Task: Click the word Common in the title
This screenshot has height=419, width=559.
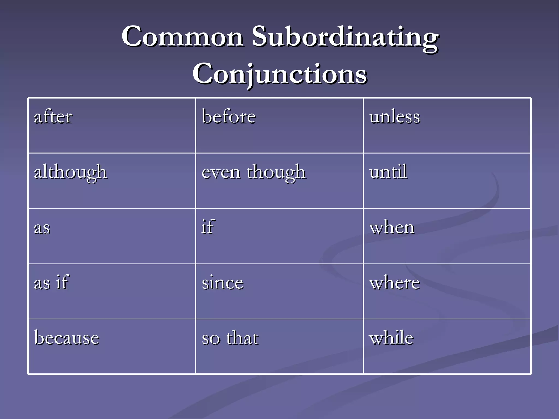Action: click(182, 37)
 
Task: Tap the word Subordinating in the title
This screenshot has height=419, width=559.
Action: click(345, 38)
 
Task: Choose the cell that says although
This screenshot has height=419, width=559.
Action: click(70, 172)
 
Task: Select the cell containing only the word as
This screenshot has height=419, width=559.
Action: click(42, 228)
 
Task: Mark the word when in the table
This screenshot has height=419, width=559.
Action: click(392, 228)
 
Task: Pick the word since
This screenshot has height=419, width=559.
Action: click(222, 283)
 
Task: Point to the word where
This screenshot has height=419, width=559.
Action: click(395, 283)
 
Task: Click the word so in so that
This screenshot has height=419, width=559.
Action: click(211, 339)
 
